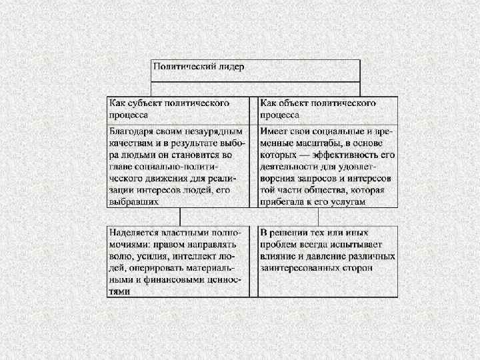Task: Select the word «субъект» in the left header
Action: pos(151,103)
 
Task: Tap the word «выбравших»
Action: pos(135,201)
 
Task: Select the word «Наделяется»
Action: pos(135,233)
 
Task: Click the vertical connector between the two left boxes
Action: pos(179,216)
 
